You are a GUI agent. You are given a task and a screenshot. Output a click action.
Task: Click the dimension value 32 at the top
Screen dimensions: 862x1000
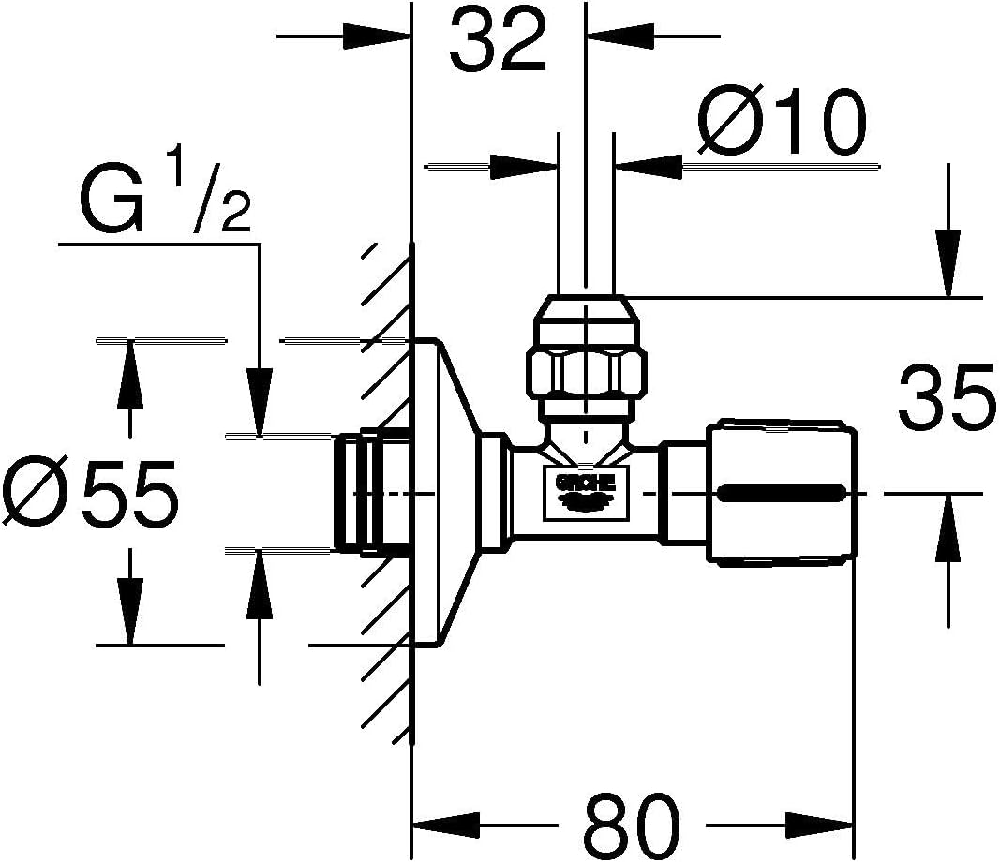pyautogui.click(x=497, y=43)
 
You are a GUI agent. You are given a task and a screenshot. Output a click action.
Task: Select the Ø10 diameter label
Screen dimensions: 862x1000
pyautogui.click(x=781, y=124)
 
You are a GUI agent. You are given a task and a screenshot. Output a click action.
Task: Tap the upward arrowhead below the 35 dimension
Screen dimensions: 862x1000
pyautogui.click(x=948, y=514)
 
